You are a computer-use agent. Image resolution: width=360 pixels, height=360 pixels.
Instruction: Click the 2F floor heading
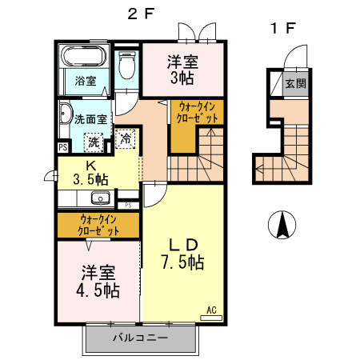coord(143,14)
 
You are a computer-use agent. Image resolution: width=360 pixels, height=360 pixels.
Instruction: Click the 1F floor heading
coord(282,29)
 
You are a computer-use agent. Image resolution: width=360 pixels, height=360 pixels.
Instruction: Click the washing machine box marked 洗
coord(94,142)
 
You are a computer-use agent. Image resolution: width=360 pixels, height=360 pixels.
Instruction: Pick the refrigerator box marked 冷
coord(126,138)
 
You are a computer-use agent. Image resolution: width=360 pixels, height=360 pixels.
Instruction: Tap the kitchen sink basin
coord(99,199)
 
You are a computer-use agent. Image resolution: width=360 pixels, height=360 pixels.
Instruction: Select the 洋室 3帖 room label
coord(182,69)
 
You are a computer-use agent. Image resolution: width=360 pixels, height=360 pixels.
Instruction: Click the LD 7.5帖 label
coord(182,254)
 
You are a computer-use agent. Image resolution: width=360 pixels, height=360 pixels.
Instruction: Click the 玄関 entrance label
coord(297,82)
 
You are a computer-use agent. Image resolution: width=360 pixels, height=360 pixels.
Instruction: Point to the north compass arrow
coord(282,226)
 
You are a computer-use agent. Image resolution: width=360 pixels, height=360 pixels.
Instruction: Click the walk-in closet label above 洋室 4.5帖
coord(98,225)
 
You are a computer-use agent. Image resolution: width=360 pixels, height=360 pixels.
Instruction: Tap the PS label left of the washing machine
coord(62,147)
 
